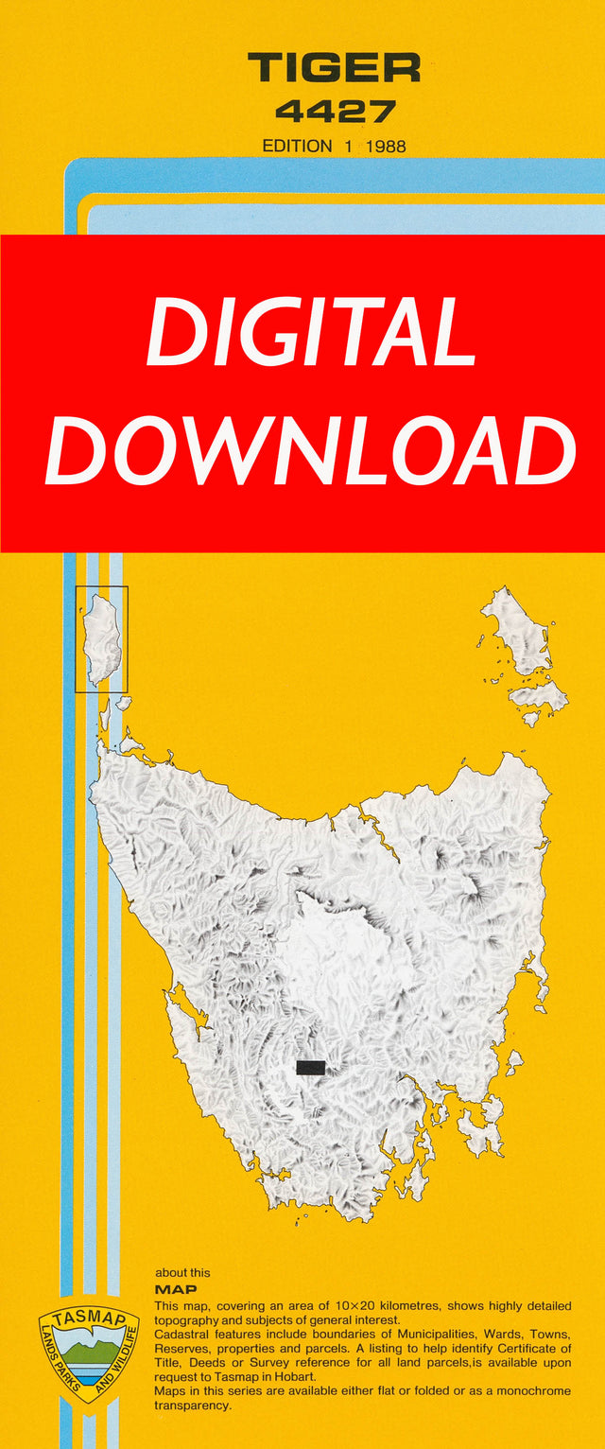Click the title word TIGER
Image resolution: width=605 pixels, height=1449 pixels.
[334, 68]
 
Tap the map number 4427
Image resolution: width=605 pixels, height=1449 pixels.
[335, 113]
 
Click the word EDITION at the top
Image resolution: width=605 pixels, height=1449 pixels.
[297, 146]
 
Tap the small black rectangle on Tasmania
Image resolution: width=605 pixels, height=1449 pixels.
[310, 1067]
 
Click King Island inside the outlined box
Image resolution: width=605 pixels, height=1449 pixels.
[100, 638]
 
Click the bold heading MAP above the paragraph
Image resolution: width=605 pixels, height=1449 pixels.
[175, 1289]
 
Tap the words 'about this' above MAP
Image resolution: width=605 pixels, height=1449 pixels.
[181, 1272]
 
